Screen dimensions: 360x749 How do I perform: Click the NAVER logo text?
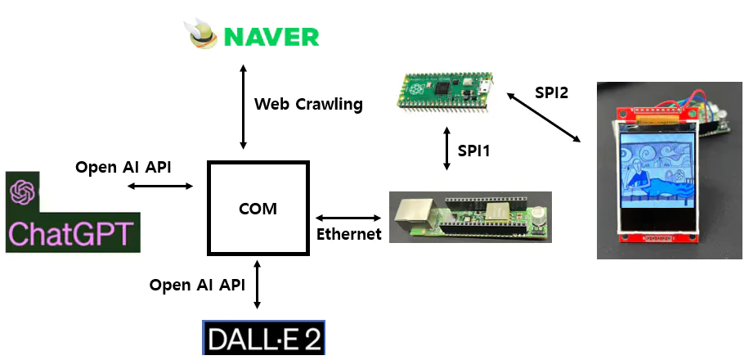pos(272,37)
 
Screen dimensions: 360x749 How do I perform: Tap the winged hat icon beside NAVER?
pos(204,35)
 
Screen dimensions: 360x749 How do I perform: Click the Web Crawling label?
pos(308,104)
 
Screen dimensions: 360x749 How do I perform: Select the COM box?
pos(258,208)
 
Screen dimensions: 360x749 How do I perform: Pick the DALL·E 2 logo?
pos(263,339)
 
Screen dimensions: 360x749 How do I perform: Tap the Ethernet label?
pos(349,235)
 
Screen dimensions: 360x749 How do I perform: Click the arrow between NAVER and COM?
pos(243,107)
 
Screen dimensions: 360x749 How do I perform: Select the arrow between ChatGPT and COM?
pos(160,187)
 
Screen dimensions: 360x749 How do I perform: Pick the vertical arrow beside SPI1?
pos(446,149)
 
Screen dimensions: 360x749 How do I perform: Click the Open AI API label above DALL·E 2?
pos(197,285)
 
